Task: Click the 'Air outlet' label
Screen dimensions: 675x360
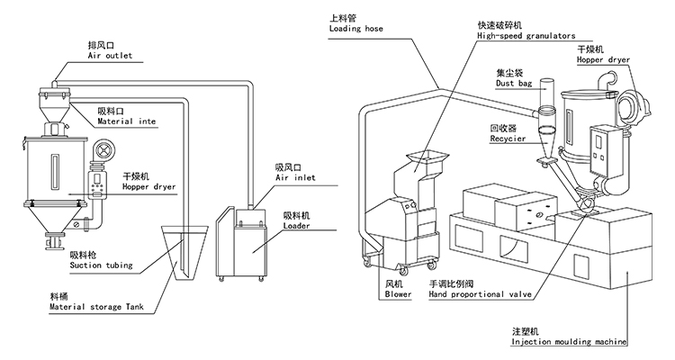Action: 110,56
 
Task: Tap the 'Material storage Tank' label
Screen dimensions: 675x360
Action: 96,307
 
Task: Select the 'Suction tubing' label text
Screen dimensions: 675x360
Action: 101,265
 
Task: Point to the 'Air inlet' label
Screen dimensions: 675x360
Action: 295,177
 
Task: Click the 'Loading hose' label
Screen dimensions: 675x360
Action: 356,29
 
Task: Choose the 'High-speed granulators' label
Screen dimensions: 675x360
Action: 526,36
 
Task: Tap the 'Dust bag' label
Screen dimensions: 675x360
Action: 514,83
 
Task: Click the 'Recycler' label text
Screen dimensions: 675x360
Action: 508,139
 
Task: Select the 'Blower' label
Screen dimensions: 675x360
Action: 398,294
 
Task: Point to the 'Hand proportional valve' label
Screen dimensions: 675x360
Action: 480,294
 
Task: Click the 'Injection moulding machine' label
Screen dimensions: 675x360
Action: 569,342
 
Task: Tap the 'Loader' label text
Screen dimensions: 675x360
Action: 296,226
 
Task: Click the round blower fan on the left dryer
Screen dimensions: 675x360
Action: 103,150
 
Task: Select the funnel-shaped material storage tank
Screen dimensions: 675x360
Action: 183,252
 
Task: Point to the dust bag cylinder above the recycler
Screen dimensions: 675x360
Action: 546,94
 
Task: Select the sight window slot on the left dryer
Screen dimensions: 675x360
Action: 54,171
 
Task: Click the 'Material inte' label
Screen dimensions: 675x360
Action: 127,121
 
